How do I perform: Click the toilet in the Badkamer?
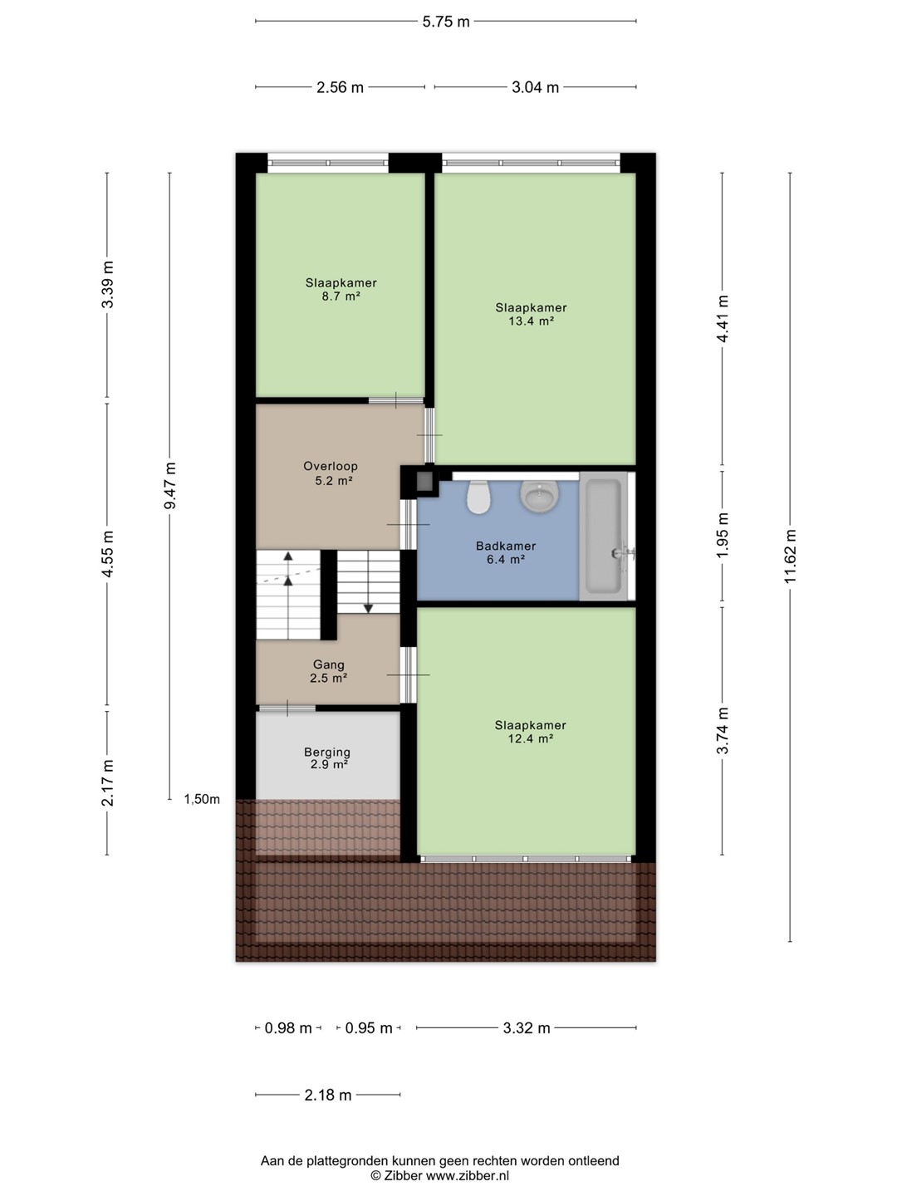point(478,497)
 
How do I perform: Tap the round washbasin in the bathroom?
point(539,496)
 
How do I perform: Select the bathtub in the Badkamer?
point(604,536)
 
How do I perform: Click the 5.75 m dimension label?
point(445,22)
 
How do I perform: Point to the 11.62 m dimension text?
point(790,556)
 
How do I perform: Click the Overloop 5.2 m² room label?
point(331,473)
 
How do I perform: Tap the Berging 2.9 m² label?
point(326,758)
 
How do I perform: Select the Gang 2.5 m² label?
point(328,671)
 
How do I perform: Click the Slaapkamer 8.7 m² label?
point(341,289)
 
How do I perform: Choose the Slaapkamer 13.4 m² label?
point(531,314)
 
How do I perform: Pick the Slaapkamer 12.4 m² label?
point(531,732)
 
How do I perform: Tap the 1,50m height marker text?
point(202,799)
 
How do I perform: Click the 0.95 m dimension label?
point(369,1028)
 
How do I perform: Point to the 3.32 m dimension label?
point(526,1028)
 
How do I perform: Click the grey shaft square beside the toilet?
point(424,481)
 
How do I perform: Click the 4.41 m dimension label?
point(723,319)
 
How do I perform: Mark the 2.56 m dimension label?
point(340,87)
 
